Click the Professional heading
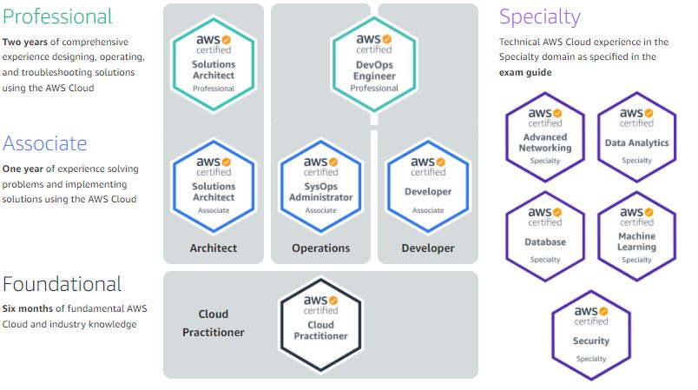pos(58,17)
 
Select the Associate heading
pos(45,143)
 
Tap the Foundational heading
pos(63,284)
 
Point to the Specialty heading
pos(540,17)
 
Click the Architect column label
pos(214,248)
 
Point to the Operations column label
pos(320,248)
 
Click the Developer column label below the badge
pos(428,248)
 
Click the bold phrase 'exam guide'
pos(525,73)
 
